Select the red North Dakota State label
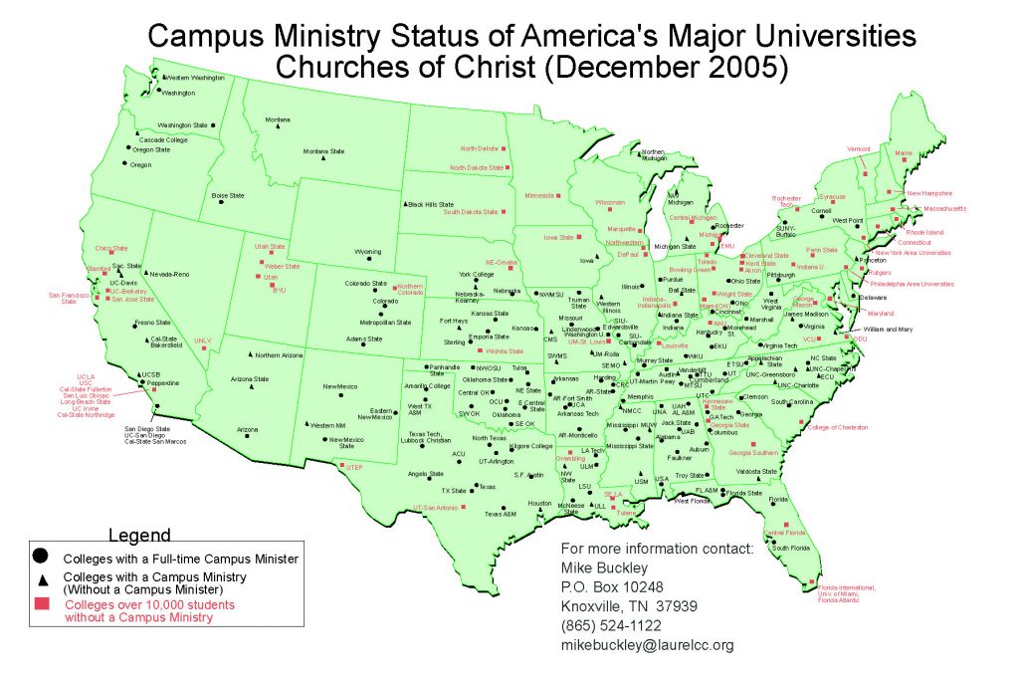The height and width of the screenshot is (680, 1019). pos(477,167)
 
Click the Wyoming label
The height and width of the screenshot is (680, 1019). pos(367,251)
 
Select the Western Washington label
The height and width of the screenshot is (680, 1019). pos(194,78)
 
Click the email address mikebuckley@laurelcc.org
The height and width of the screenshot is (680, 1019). pos(648,645)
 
